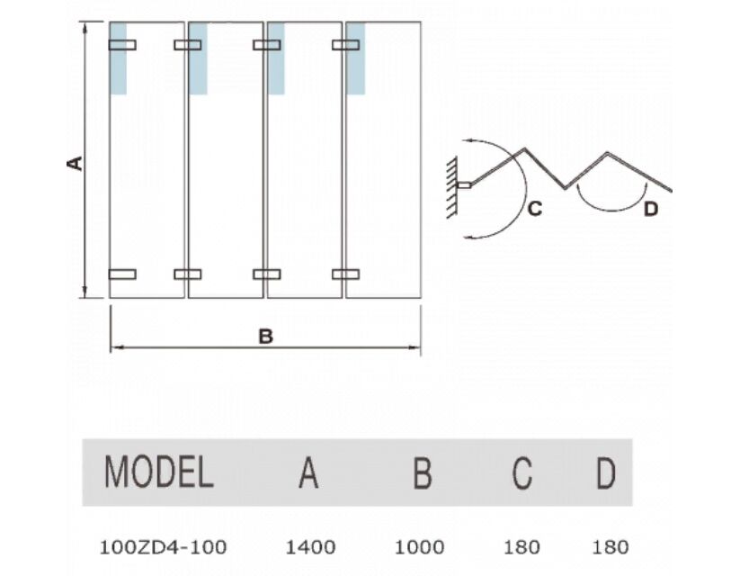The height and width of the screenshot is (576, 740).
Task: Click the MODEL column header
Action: click(x=158, y=472)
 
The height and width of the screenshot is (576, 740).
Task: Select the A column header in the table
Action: click(x=308, y=472)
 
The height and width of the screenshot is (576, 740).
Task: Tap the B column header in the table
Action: click(x=423, y=472)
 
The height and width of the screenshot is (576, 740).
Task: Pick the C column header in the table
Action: click(x=522, y=472)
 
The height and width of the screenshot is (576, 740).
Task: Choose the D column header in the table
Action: click(x=606, y=472)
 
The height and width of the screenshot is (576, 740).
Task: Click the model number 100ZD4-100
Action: click(x=164, y=547)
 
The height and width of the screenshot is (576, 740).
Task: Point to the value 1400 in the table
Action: click(x=310, y=547)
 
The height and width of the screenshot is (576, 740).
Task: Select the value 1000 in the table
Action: click(x=419, y=547)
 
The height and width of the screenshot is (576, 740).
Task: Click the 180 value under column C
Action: click(x=522, y=547)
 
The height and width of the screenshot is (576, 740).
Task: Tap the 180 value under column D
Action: click(x=611, y=547)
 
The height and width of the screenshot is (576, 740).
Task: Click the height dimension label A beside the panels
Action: click(x=75, y=164)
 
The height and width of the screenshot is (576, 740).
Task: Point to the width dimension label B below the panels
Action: click(x=266, y=337)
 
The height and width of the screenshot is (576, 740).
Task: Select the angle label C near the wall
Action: click(x=535, y=209)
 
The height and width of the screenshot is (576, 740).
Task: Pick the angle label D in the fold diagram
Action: click(x=651, y=209)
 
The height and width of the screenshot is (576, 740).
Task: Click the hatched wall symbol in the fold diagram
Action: click(x=451, y=186)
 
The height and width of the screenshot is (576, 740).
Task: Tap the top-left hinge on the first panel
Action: click(x=122, y=45)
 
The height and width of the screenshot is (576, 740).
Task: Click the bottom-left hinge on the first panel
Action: click(x=122, y=274)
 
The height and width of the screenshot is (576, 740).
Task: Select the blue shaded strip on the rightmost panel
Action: click(x=356, y=58)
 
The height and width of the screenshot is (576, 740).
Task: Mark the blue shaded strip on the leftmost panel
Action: click(x=118, y=58)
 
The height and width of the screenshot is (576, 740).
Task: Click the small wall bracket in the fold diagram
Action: click(x=464, y=184)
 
